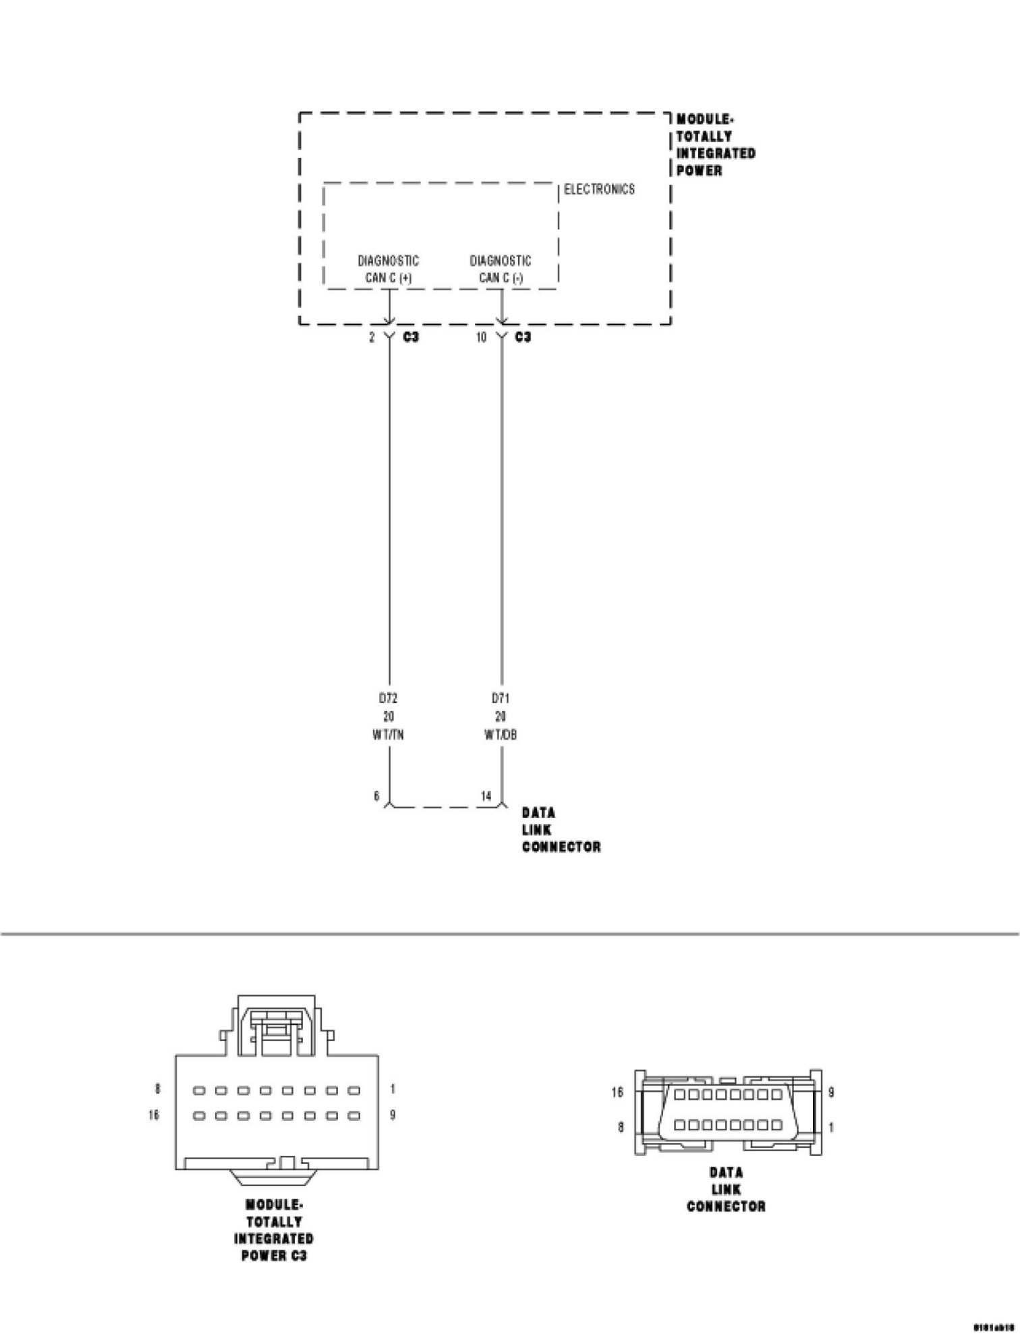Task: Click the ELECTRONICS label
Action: pyautogui.click(x=599, y=190)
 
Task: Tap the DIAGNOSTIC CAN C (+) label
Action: pyautogui.click(x=388, y=269)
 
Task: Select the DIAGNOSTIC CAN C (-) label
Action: pyautogui.click(x=501, y=269)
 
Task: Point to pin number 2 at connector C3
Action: pyautogui.click(x=372, y=337)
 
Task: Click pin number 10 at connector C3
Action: pyautogui.click(x=481, y=337)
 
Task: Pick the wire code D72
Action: pyautogui.click(x=388, y=698)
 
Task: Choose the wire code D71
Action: pyautogui.click(x=501, y=698)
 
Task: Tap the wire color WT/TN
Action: pyautogui.click(x=388, y=735)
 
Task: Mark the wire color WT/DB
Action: pyautogui.click(x=501, y=735)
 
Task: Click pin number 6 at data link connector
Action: pyautogui.click(x=377, y=796)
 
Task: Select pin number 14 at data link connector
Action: pyautogui.click(x=486, y=796)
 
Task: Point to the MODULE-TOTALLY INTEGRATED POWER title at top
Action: pyautogui.click(x=715, y=145)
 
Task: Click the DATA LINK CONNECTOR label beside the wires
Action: pyautogui.click(x=560, y=830)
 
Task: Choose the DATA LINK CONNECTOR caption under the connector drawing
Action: pyautogui.click(x=726, y=1190)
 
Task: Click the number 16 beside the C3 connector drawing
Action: pyautogui.click(x=154, y=1115)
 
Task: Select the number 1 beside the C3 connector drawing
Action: pyautogui.click(x=393, y=1089)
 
